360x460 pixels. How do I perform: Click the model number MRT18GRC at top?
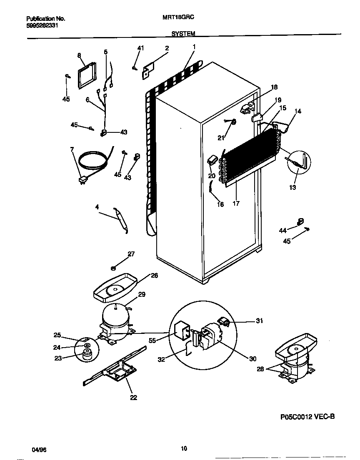(180, 18)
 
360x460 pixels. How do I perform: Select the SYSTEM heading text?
(183, 34)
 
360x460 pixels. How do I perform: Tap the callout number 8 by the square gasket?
(79, 55)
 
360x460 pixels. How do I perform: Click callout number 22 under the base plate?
(133, 398)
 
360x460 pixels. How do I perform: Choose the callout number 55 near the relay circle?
(152, 340)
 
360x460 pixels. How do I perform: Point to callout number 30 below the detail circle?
(253, 359)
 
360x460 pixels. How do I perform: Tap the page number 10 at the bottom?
(184, 448)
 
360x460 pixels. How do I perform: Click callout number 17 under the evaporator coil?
(236, 204)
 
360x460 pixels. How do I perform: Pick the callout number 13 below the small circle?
(293, 188)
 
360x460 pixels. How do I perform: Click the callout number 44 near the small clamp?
(282, 230)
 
